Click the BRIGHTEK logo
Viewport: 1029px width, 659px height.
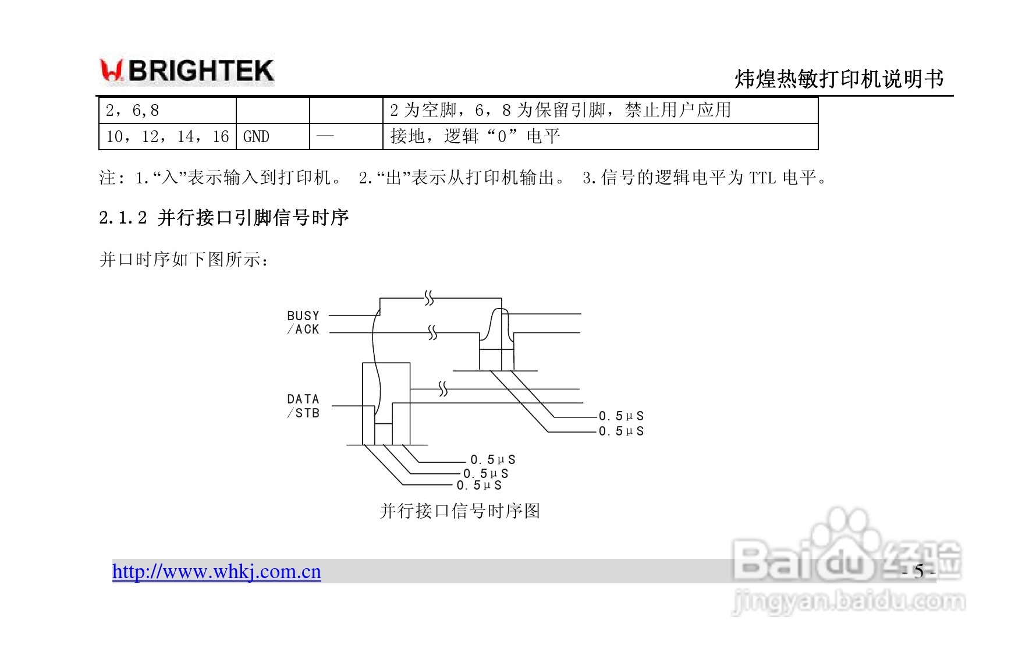[x=187, y=71]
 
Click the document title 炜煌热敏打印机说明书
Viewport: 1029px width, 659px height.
[x=839, y=79]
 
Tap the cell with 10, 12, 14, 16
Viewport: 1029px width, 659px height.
[x=168, y=137]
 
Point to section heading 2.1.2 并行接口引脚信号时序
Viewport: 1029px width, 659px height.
[x=223, y=218]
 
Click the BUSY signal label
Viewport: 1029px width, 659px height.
[x=303, y=316]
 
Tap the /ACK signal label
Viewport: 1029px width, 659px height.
[x=303, y=329]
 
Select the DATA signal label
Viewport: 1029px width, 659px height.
[x=303, y=399]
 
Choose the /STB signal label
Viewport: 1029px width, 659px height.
[x=303, y=413]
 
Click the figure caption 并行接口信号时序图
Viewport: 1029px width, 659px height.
[x=460, y=511]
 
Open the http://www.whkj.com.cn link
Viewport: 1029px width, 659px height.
[x=217, y=572]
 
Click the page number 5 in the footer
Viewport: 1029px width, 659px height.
[x=918, y=572]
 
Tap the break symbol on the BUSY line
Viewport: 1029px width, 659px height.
[x=429, y=299]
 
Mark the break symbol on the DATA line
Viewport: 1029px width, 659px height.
[x=443, y=389]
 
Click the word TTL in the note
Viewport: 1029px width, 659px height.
[x=762, y=178]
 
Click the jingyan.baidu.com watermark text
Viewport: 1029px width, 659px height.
[x=848, y=601]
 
